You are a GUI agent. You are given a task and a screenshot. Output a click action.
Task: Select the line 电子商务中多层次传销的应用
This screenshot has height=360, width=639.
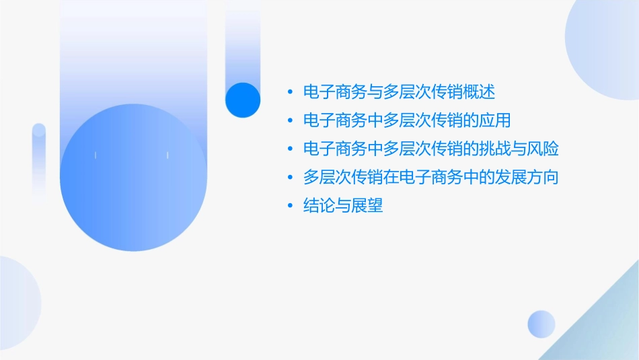pyautogui.click(x=407, y=120)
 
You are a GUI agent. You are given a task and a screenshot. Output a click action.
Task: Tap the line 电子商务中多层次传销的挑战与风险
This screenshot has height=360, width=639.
pyautogui.click(x=431, y=149)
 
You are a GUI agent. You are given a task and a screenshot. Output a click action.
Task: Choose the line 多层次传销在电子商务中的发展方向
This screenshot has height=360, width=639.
pyautogui.click(x=431, y=178)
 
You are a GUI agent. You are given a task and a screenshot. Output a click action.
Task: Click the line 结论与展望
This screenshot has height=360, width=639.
pyautogui.click(x=343, y=206)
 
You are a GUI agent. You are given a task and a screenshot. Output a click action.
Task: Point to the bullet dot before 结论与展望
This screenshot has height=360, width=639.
pyautogui.click(x=290, y=207)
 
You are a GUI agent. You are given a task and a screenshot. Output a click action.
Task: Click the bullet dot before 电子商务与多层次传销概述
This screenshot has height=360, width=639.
pyautogui.click(x=290, y=92)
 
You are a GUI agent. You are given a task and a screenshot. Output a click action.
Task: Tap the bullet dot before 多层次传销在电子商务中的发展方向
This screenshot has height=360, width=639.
pyautogui.click(x=290, y=178)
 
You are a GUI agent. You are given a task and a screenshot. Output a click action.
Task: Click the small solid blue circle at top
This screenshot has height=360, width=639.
pyautogui.click(x=242, y=100)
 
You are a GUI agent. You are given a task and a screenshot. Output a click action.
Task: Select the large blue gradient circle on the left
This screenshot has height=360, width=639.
pyautogui.click(x=133, y=177)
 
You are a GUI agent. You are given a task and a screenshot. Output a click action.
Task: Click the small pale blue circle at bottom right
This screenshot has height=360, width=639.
pyautogui.click(x=541, y=324)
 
